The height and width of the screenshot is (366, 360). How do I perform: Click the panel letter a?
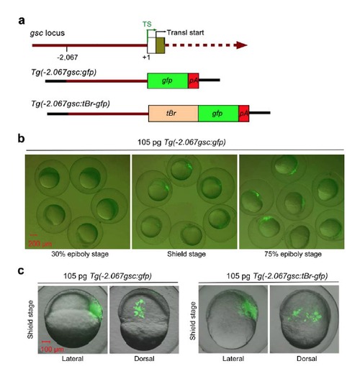tap(22, 21)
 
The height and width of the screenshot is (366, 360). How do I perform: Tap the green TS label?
tap(147, 24)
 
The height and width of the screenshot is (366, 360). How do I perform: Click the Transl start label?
tap(185, 32)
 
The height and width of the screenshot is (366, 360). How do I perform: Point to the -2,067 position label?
tap(68, 58)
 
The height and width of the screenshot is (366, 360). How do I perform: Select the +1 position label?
tap(146, 58)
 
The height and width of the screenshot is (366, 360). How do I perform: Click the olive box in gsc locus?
tap(161, 45)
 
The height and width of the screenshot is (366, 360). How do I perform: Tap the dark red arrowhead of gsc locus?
tap(242, 45)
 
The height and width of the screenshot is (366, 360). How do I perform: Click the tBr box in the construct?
tap(174, 114)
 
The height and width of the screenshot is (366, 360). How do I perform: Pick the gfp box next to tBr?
tap(218, 114)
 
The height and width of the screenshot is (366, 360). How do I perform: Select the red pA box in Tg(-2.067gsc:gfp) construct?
tap(194, 81)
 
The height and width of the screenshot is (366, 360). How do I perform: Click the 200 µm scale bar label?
tap(40, 244)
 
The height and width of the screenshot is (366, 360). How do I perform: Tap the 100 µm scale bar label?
tap(52, 349)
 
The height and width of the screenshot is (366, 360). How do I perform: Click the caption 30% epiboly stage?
tap(80, 254)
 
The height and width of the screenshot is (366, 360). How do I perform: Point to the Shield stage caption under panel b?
tap(186, 254)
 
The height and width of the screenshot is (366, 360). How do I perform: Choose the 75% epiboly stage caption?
tap(293, 254)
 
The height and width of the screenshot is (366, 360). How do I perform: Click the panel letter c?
tap(21, 270)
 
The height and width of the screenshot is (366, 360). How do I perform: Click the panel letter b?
tap(22, 139)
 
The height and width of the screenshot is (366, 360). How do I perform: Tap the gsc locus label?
tap(48, 33)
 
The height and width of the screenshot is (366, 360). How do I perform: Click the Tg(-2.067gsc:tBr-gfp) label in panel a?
tap(71, 104)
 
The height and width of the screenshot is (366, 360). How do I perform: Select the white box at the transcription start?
tap(151, 45)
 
